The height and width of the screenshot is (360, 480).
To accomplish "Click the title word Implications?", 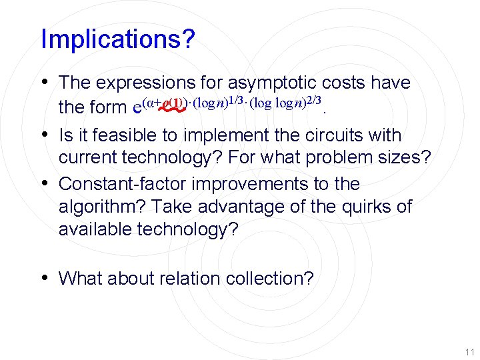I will tap(118, 39).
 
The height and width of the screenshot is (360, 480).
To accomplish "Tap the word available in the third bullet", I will tap(95, 230).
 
